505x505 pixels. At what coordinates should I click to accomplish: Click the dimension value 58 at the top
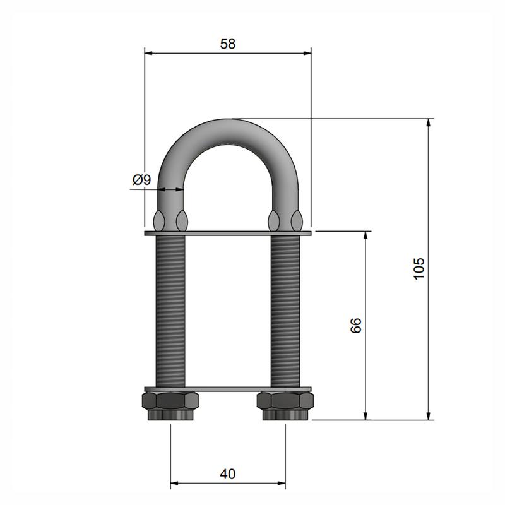[x=228, y=44]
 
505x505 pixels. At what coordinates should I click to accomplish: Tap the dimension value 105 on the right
[x=419, y=269]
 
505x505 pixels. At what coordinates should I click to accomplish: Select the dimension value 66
[x=356, y=325]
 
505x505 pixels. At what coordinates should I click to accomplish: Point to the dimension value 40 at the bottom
[x=228, y=474]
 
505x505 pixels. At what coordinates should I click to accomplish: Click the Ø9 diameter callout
[x=141, y=180]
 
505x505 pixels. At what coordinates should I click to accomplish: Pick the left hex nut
[x=170, y=406]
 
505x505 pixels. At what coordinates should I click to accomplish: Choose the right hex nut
[x=285, y=406]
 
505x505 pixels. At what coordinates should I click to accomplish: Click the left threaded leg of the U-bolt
[x=170, y=311]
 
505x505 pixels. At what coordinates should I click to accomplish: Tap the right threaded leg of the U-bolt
[x=285, y=311]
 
